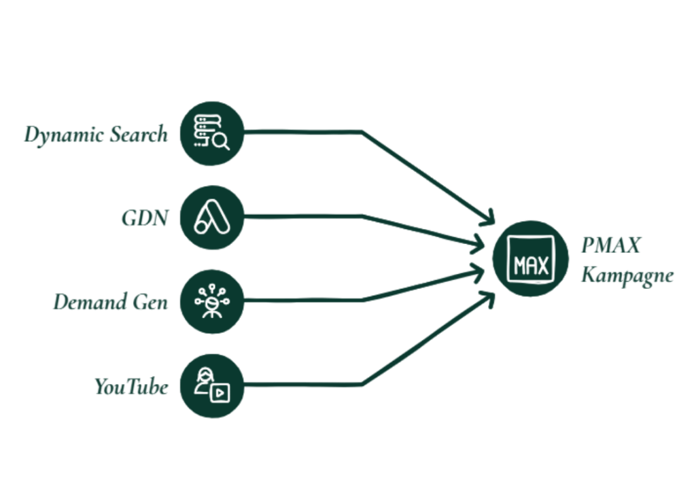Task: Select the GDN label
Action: tap(145, 218)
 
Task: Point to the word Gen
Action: tap(150, 302)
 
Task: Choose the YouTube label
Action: tap(131, 386)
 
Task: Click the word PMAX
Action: tap(611, 245)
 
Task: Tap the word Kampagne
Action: tap(627, 275)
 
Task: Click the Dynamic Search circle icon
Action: tap(212, 133)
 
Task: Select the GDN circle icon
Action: tap(212, 218)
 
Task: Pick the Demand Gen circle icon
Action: tap(212, 302)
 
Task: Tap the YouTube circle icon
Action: tap(212, 386)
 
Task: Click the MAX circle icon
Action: tap(530, 259)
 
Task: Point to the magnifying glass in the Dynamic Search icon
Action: tap(221, 142)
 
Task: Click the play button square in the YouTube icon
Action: tap(220, 393)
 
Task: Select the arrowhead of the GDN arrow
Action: tap(477, 244)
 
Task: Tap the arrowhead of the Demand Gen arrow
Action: tap(477, 273)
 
